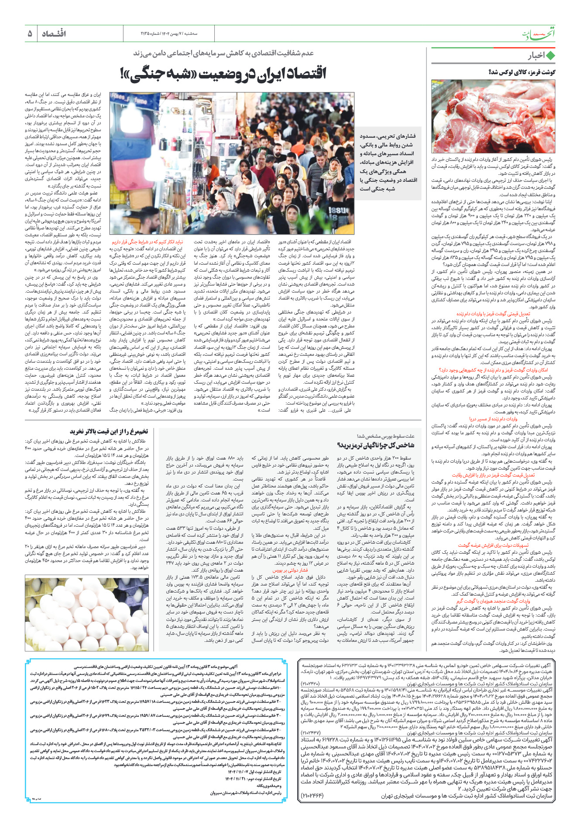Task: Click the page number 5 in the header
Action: point(30,33)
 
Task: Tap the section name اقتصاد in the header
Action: point(54,34)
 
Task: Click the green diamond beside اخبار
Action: point(550,56)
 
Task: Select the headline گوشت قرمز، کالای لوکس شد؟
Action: point(522,72)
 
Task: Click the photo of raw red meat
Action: point(493,116)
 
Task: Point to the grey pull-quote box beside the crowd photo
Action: point(388,162)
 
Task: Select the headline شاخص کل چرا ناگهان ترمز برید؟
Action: point(376,445)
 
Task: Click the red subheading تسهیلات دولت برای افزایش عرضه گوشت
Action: point(493,545)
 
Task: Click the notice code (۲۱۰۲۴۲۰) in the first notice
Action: point(311,683)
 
